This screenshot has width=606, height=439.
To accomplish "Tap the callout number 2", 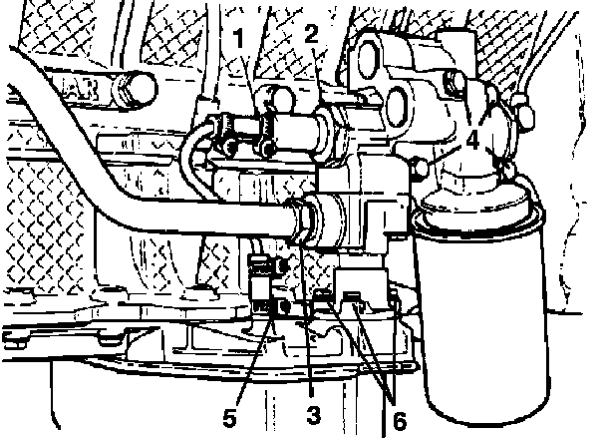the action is (x=311, y=34).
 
